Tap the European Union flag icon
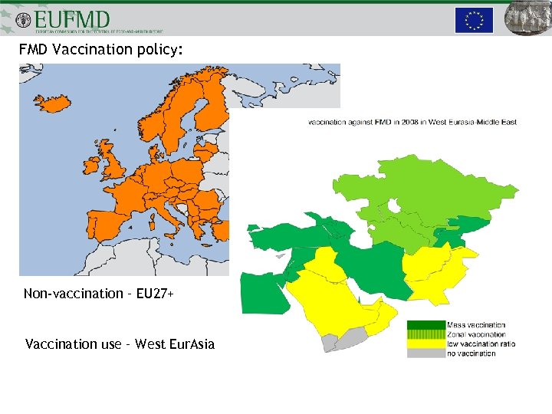pyautogui.click(x=474, y=20)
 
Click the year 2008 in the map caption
pyautogui.click(x=404, y=122)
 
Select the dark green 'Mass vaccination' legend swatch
pyautogui.click(x=426, y=325)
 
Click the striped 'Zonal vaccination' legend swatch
pyautogui.click(x=426, y=334)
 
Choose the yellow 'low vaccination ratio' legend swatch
pyautogui.click(x=426, y=343)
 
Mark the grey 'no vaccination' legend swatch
pyautogui.click(x=426, y=353)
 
